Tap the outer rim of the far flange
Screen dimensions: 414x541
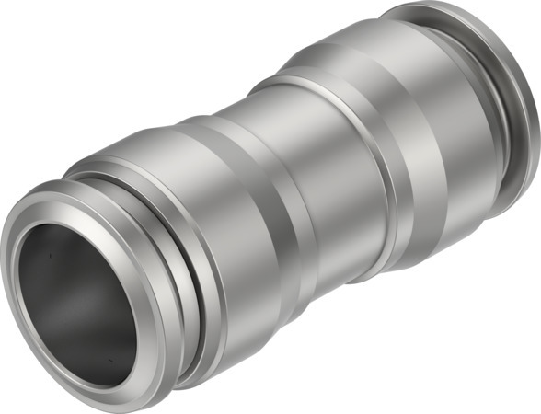click(528, 138)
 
